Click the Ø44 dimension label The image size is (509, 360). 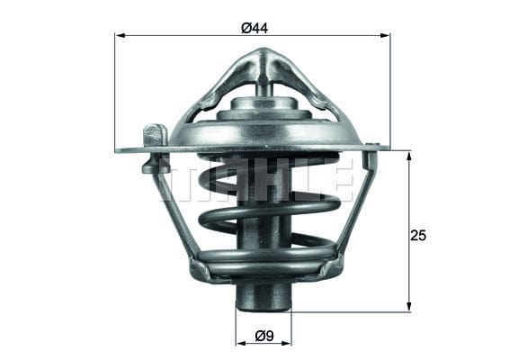point(254,28)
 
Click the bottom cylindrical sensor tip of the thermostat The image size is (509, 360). point(263,296)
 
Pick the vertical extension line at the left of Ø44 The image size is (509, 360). point(115,90)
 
